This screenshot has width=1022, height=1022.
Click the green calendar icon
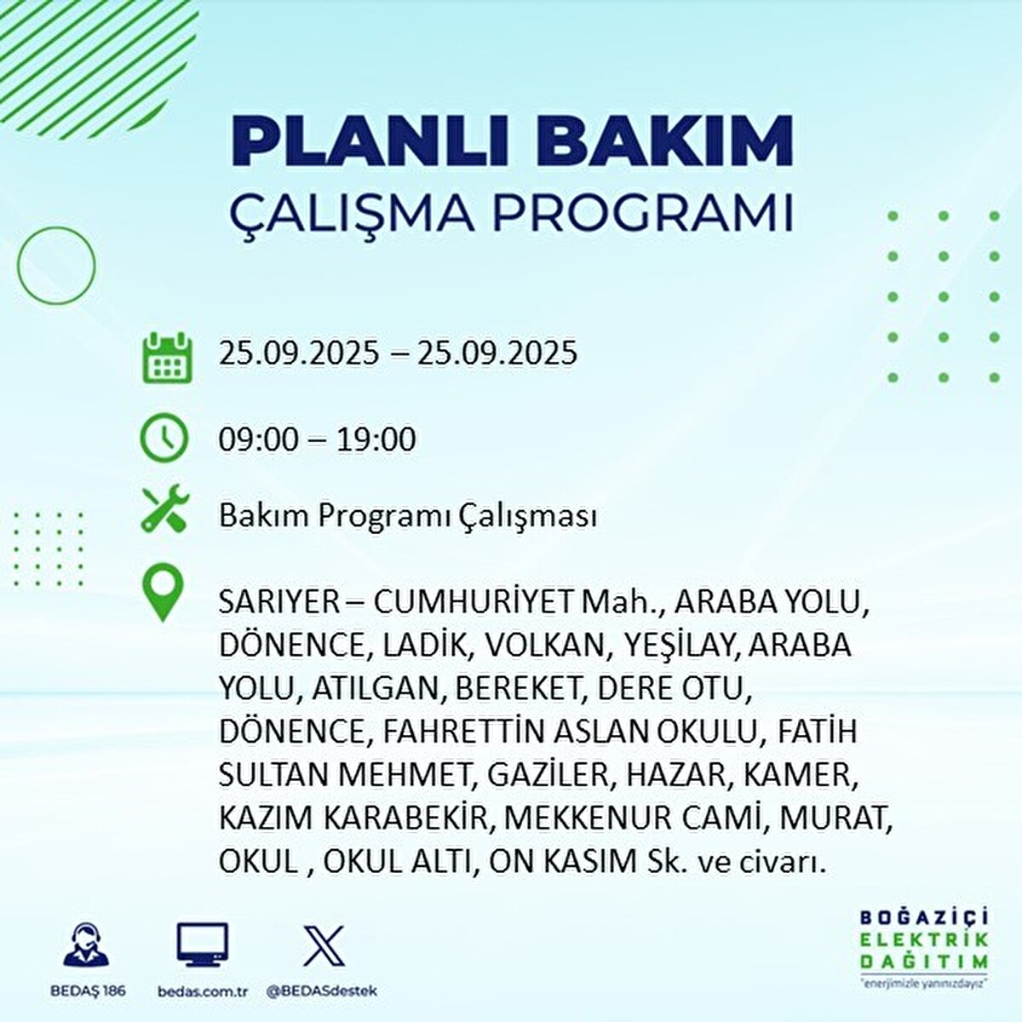164,357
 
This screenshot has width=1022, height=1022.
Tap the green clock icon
164,439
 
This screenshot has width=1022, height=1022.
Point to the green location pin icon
163,594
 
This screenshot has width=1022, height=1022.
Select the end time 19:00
376,439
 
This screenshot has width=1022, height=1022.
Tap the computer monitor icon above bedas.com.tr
203,944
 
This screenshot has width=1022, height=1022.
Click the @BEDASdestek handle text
322,991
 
